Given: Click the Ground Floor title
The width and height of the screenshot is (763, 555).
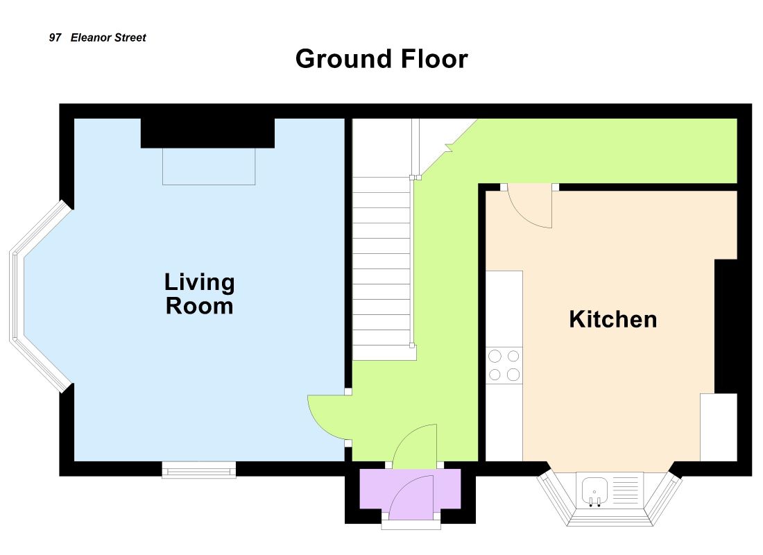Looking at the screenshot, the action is (x=381, y=59).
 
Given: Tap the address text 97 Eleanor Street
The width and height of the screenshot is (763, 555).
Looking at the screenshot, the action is (x=97, y=37).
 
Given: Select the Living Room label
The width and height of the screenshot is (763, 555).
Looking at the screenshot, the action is (x=200, y=294).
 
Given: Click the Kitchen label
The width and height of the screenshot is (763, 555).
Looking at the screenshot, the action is (x=613, y=319).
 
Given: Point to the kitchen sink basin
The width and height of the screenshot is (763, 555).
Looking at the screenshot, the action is (x=594, y=490).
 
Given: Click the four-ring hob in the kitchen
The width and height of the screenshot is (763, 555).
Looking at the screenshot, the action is (x=504, y=365).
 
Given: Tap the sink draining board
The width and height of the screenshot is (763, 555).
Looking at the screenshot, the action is (x=625, y=490).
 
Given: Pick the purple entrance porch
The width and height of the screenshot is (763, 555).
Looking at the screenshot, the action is (x=410, y=489).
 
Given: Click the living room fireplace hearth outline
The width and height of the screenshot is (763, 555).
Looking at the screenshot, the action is (x=209, y=166).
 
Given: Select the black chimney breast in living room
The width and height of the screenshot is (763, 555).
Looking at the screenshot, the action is (x=208, y=133).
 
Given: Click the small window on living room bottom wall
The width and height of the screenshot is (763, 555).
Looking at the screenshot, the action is (x=198, y=470).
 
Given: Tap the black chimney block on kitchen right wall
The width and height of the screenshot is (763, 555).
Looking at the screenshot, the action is (x=726, y=326).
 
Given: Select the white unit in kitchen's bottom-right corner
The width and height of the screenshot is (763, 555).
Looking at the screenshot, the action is (x=719, y=427).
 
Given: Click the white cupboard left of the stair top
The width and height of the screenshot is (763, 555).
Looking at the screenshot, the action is (x=382, y=148).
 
